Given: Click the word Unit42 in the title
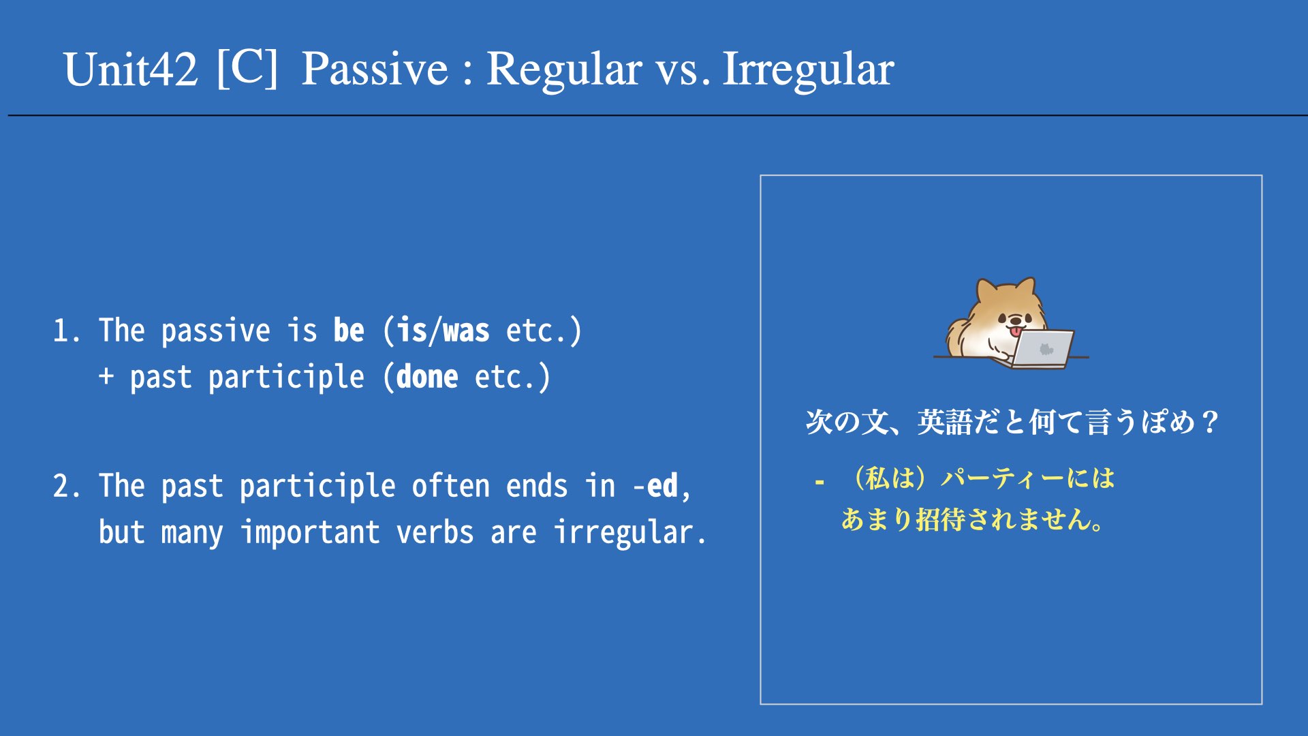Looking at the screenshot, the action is [x=131, y=69].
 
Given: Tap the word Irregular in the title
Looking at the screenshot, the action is [x=808, y=70].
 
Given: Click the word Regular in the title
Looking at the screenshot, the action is [x=564, y=70].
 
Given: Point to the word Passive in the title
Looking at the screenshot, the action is [x=375, y=69].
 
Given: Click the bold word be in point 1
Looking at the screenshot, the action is [x=349, y=331].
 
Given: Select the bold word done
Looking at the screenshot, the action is [x=427, y=377].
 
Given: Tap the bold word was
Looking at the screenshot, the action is [x=467, y=331].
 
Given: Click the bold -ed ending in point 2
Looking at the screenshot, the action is [x=655, y=486].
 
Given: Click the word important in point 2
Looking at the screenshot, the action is [x=311, y=532].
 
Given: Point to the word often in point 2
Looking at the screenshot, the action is [x=451, y=486].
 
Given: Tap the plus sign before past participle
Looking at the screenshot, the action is [x=106, y=376].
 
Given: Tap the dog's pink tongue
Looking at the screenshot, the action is [x=1016, y=331].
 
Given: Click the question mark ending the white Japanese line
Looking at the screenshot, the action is [x=1211, y=423].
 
